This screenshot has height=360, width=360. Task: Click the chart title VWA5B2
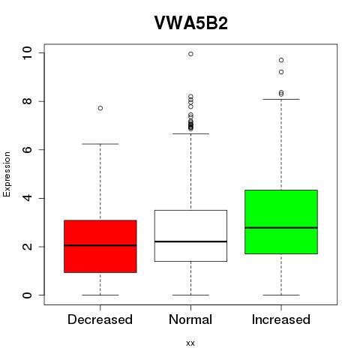[x=191, y=23]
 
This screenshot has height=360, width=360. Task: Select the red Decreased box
[x=100, y=246]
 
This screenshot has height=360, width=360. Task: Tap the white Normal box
[x=190, y=235]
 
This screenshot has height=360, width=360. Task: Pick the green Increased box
[x=281, y=222]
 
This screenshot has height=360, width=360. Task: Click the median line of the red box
[x=100, y=245]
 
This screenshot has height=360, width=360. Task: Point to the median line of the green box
[x=281, y=228]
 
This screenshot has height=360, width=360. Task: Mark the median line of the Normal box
[x=190, y=241]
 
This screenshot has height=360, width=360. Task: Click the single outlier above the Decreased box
[x=100, y=108]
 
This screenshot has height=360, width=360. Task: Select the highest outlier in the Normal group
[x=190, y=54]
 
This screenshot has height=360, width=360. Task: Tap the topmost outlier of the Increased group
[x=281, y=60]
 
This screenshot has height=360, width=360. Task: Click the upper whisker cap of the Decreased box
[x=100, y=144]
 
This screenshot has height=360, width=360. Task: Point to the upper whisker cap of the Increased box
[x=281, y=99]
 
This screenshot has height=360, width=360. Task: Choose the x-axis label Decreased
[x=100, y=319]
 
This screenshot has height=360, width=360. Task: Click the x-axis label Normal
[x=190, y=319]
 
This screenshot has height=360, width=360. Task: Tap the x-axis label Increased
[x=281, y=319]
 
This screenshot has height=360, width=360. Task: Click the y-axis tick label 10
[x=27, y=53]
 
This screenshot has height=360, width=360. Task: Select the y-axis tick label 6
[x=27, y=149]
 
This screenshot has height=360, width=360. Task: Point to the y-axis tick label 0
[x=27, y=295]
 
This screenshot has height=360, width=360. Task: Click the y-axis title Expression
[x=7, y=174]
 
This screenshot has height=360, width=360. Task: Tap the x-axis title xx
[x=190, y=343]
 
